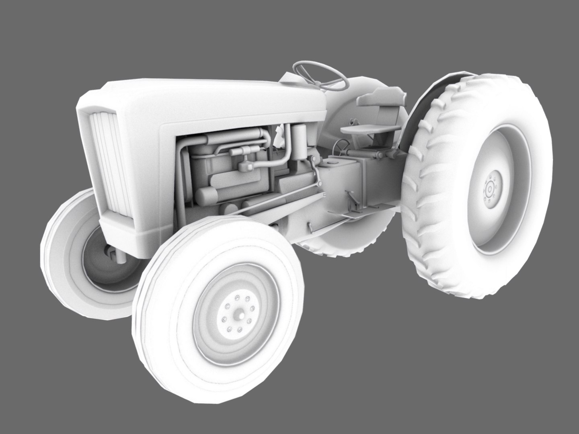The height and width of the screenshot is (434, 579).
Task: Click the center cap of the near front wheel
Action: coord(237,316)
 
